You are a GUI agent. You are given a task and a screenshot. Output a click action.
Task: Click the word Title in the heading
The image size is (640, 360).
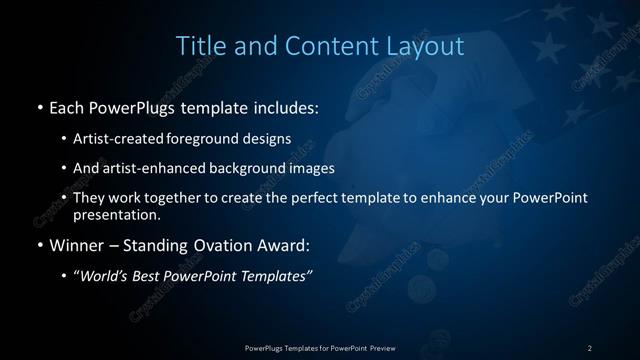199,46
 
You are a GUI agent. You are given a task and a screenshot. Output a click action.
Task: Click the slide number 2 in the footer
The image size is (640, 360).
589,347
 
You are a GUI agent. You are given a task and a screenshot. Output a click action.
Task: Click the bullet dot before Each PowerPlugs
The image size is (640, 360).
38,106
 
